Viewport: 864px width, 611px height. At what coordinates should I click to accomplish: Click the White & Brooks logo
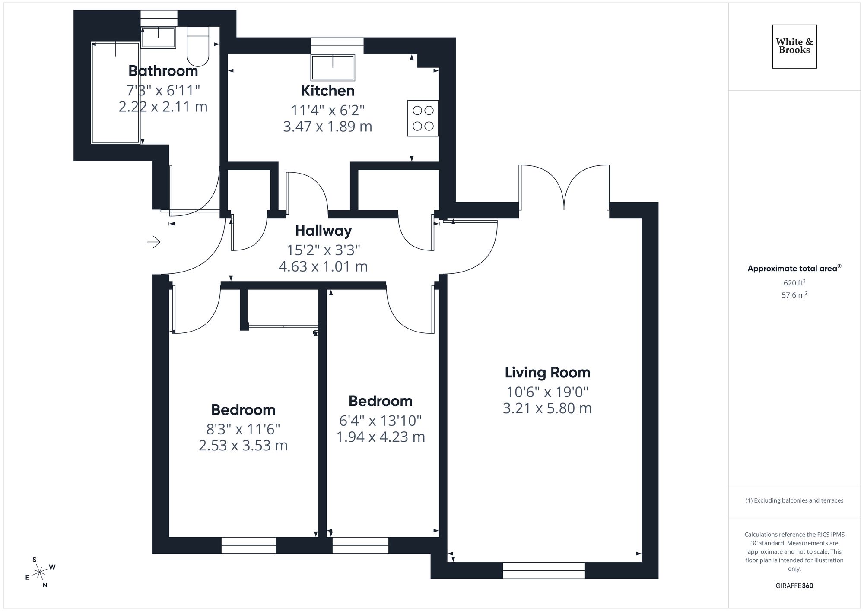click(794, 46)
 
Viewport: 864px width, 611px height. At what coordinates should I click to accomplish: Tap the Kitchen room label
click(327, 91)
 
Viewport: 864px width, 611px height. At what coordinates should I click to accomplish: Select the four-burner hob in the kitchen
click(423, 118)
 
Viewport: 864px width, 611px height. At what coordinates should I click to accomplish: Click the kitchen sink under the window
click(332, 67)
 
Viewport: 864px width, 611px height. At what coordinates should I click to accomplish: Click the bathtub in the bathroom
click(115, 93)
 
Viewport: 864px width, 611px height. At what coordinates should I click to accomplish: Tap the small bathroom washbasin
click(159, 38)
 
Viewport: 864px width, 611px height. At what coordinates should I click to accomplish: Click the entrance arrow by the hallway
click(154, 242)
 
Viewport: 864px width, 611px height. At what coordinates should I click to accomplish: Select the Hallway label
click(323, 231)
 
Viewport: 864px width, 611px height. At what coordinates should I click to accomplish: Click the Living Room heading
click(547, 372)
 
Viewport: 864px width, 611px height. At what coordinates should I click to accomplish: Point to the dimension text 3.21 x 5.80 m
click(547, 408)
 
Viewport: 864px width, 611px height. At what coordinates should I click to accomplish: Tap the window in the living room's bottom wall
click(543, 570)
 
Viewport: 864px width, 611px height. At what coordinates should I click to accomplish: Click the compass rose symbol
click(40, 573)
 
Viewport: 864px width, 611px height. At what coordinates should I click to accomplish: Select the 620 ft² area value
click(794, 283)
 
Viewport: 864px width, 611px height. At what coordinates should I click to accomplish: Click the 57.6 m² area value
click(794, 295)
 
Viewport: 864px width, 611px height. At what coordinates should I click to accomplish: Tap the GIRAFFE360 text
click(794, 586)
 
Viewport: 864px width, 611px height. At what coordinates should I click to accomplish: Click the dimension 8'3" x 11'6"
click(243, 429)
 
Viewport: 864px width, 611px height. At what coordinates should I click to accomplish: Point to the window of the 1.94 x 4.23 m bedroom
click(360, 545)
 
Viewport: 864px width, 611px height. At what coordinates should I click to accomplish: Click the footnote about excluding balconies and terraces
click(794, 500)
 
